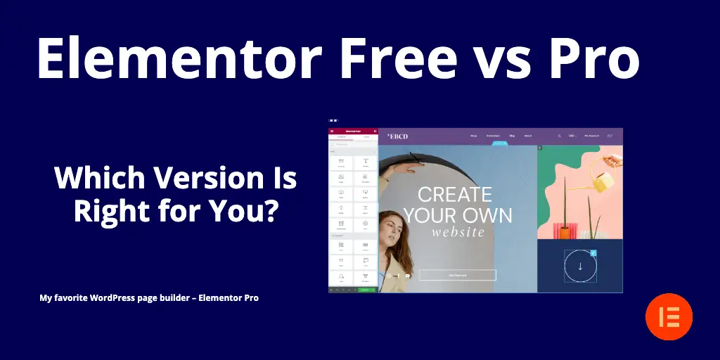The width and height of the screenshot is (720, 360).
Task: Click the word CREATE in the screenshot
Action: (x=454, y=195)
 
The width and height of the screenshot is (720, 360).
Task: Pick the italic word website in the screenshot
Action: (x=458, y=232)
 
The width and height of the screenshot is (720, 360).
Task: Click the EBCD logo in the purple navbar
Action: (x=397, y=136)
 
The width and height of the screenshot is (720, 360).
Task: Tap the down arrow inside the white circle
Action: (x=580, y=266)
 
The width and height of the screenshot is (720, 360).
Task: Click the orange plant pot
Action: (x=564, y=231)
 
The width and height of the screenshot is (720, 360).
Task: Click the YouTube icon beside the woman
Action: (x=407, y=276)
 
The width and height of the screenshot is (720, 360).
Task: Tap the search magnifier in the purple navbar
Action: (x=560, y=136)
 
